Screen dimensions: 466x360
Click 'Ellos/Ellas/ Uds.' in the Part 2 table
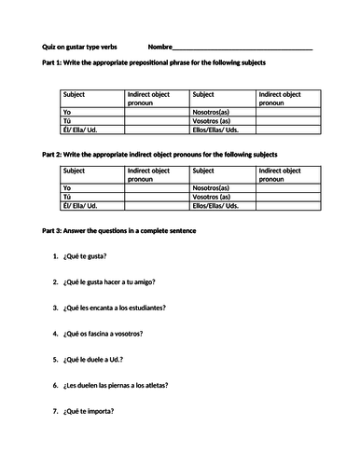(218, 206)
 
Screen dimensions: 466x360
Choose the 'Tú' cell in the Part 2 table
(66, 198)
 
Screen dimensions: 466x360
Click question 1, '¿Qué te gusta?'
(86, 256)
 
